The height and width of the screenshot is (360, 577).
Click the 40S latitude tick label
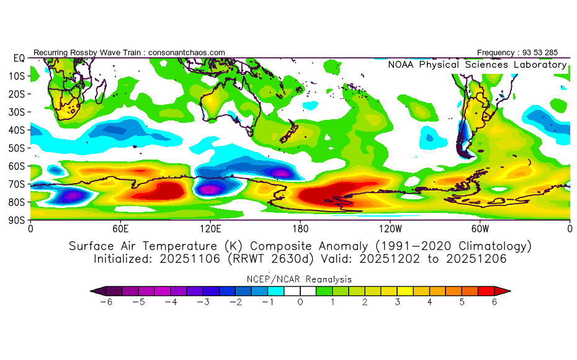pyautogui.click(x=17, y=130)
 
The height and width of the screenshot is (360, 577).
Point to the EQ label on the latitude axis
pyautogui.click(x=19, y=58)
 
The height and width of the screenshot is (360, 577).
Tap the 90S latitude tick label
pyautogui.click(x=17, y=220)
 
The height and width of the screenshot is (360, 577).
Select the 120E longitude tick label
pyautogui.click(x=210, y=228)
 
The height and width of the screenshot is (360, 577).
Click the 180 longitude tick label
pyautogui.click(x=300, y=228)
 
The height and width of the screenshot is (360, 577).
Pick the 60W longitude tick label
pyautogui.click(x=480, y=228)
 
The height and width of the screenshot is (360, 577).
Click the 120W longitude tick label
pyautogui.click(x=390, y=228)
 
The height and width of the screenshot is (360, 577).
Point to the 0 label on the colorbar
pyautogui.click(x=300, y=302)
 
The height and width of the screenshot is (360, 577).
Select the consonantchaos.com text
pyautogui.click(x=187, y=52)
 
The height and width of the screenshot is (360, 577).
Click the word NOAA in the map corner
pyautogui.click(x=401, y=65)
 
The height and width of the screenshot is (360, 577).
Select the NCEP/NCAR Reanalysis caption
pyautogui.click(x=300, y=279)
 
